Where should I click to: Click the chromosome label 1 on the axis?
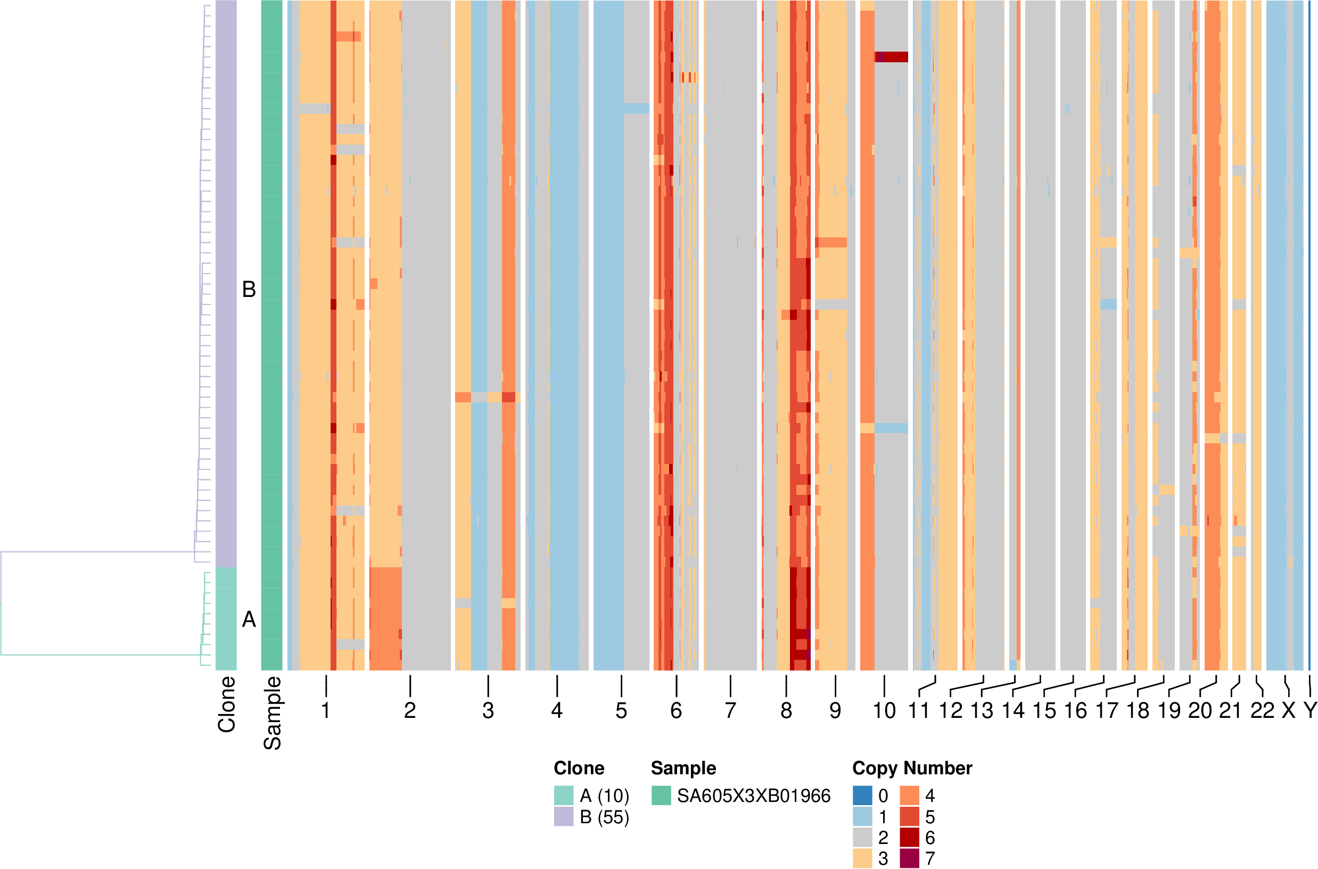[x=326, y=710]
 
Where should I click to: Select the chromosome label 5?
[x=621, y=710]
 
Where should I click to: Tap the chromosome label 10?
[x=884, y=710]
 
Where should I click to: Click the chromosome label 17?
[x=1107, y=710]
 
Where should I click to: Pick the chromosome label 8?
[x=786, y=710]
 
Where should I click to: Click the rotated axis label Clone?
[x=227, y=704]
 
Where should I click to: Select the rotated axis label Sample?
[x=272, y=713]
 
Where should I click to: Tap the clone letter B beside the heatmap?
[x=249, y=289]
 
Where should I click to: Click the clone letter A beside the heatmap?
[x=249, y=619]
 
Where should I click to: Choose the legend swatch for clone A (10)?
[x=564, y=795]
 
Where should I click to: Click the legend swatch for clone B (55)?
[x=564, y=816]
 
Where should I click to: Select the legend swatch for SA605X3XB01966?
[x=661, y=795]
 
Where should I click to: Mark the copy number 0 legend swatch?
[x=862, y=795]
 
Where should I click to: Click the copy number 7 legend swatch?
[x=910, y=858]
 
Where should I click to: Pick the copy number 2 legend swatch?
[x=862, y=838]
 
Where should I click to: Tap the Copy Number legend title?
[x=912, y=768]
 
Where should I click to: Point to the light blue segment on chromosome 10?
[x=891, y=428]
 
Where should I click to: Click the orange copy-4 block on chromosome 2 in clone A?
[x=385, y=618]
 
